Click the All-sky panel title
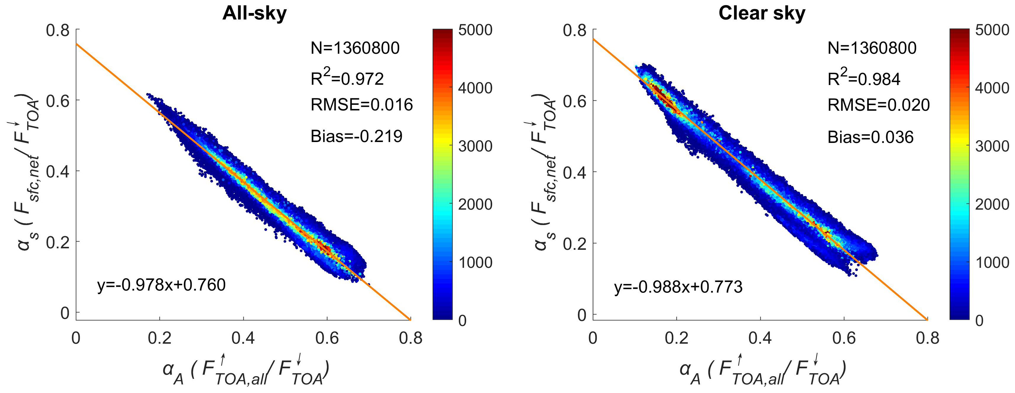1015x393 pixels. point(254,13)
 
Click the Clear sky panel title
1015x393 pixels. point(762,13)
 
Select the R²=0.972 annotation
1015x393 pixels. point(347,78)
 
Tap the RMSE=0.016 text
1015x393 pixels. point(361,105)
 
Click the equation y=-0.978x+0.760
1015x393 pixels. point(161,285)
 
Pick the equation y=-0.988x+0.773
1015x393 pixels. point(678,287)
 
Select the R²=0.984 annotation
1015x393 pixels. point(864,78)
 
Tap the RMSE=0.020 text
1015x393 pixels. point(878,105)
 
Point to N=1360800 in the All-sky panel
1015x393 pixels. point(355,48)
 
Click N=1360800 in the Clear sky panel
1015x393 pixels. point(872,48)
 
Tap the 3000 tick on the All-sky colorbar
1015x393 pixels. point(475,146)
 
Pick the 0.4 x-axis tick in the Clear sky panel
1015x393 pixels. point(760,338)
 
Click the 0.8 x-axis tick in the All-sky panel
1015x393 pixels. point(410,338)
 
